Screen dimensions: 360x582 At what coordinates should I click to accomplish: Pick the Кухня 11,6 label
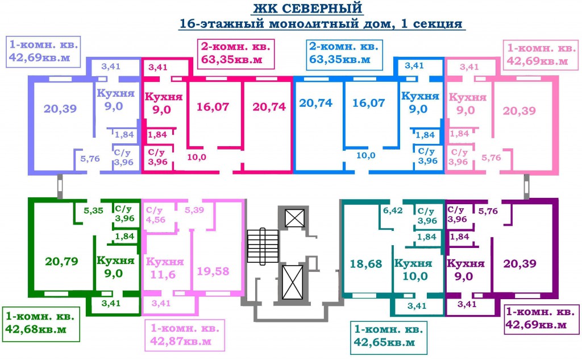click(x=165, y=268)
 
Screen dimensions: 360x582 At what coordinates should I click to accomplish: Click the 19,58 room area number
click(x=213, y=271)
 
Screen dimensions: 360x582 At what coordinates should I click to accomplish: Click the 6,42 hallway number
click(x=393, y=210)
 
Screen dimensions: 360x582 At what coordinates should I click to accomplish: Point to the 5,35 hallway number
click(x=93, y=210)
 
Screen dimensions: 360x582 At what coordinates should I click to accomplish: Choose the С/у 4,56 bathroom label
click(x=155, y=214)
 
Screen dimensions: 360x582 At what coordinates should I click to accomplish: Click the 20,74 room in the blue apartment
click(x=317, y=104)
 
